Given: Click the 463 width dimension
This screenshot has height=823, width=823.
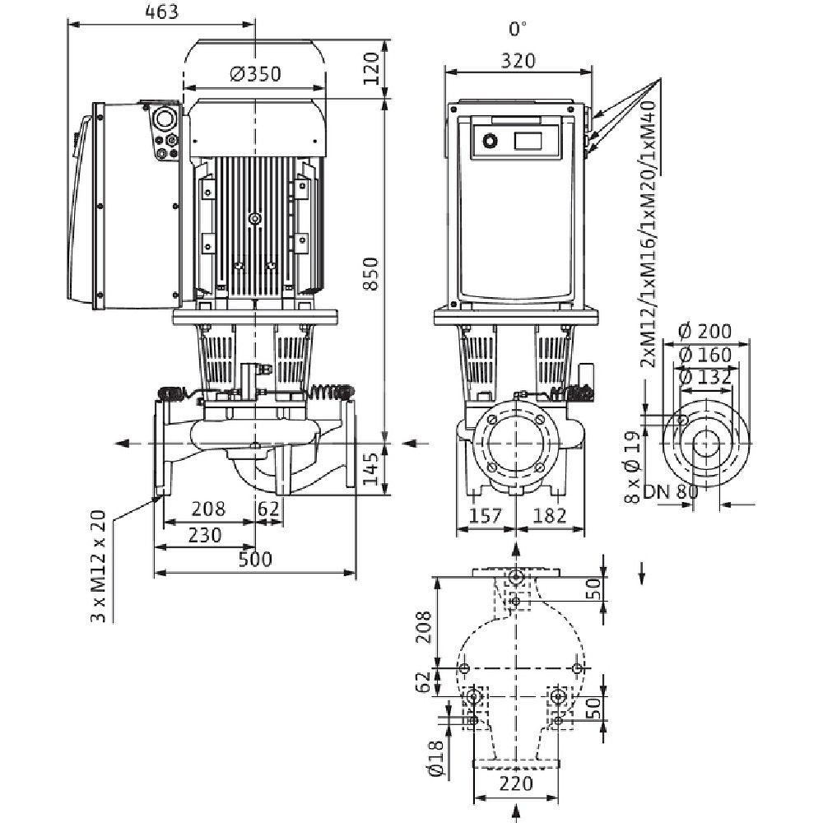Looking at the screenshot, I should (x=160, y=12).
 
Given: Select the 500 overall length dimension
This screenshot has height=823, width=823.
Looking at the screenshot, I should (x=255, y=560).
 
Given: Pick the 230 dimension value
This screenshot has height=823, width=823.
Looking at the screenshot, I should (x=206, y=535).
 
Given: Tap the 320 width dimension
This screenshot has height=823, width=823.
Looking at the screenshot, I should (x=518, y=59).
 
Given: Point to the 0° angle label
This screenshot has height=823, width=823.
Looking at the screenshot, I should (x=517, y=29).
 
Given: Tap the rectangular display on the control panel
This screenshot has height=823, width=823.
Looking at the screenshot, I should (x=529, y=139).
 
